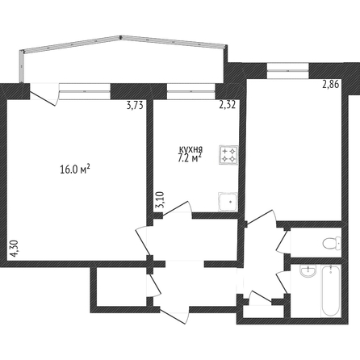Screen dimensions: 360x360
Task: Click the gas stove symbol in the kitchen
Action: [x=228, y=155]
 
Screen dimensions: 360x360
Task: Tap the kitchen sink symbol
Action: [x=228, y=202]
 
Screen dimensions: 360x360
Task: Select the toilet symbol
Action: [x=332, y=243]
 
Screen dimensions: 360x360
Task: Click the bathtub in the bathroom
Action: [x=331, y=291]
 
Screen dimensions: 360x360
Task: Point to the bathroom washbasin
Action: [x=308, y=271]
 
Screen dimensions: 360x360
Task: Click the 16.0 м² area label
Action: [x=75, y=170]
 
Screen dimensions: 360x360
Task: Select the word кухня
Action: [x=191, y=149]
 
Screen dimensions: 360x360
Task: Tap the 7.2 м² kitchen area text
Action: [x=190, y=158]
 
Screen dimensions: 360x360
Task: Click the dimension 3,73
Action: [x=135, y=106]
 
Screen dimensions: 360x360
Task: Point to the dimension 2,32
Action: [x=228, y=104]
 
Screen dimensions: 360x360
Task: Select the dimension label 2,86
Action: [x=331, y=85]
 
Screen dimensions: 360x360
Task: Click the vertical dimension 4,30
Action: [x=14, y=249]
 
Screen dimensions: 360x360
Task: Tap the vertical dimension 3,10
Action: [x=160, y=199]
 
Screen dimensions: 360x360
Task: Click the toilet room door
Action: [x=283, y=241]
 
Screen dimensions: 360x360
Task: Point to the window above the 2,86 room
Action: [x=288, y=71]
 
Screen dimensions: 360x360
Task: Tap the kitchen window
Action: [x=191, y=91]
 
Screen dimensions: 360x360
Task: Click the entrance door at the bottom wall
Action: [x=175, y=316]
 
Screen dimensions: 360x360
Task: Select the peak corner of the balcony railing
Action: [x=121, y=36]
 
